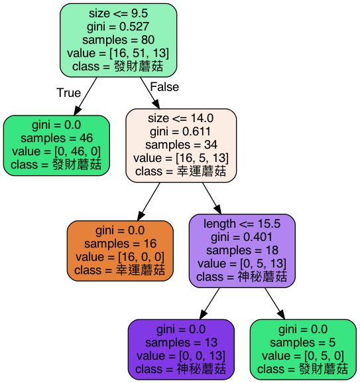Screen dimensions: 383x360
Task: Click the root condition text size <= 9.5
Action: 118,13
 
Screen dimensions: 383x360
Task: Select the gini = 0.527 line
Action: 118,27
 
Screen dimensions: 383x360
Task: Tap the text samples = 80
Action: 118,40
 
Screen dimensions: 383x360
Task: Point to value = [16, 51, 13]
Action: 118,53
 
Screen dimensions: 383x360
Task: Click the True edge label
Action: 68,93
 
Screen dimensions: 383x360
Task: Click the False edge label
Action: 164,87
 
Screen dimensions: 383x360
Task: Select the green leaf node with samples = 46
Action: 56,145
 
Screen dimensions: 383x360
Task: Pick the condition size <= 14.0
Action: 181,119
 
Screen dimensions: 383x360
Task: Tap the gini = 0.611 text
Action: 181,132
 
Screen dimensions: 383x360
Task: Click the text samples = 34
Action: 181,145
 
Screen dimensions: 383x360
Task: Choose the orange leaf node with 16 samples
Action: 120,250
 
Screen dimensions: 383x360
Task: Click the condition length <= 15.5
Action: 242,224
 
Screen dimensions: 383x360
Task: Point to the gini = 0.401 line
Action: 242,237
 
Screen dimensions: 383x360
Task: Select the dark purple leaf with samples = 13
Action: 181,348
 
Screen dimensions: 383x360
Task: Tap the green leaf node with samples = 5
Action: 303,348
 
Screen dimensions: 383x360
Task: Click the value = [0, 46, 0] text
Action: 56,151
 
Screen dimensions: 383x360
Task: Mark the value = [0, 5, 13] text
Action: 242,264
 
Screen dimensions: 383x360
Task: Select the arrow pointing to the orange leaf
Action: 149,201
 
